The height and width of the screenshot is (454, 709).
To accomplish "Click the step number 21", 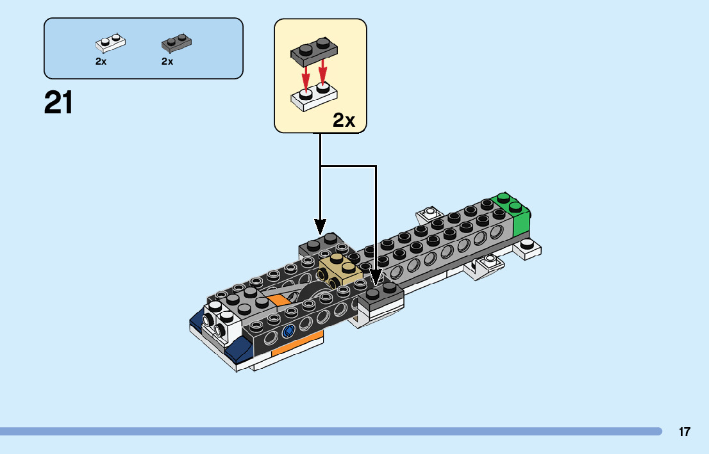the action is (58, 103).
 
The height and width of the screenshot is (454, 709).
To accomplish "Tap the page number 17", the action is (685, 432).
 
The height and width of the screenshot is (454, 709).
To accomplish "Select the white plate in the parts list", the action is (110, 43).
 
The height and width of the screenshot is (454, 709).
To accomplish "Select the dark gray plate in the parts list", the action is (176, 43).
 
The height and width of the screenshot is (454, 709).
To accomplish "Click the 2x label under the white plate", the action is (101, 61).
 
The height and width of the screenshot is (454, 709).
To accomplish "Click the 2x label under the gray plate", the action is (167, 61).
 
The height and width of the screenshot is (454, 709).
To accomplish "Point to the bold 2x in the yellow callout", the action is (344, 120).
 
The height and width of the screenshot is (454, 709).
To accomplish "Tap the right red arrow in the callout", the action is (323, 72).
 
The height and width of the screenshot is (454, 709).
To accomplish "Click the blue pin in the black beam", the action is (288, 331).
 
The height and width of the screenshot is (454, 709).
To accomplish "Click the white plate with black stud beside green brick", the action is (528, 248).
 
